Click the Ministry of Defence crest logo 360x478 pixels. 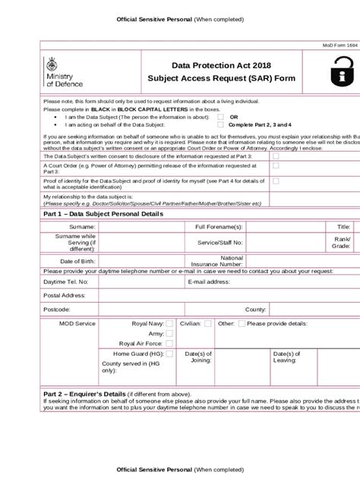point(52,64)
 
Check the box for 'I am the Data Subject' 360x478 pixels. point(220,118)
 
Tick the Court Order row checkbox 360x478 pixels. point(276,165)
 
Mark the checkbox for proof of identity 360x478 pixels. point(276,181)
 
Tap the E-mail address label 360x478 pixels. point(208,281)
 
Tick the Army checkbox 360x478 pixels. point(169,333)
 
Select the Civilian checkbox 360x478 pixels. point(207,323)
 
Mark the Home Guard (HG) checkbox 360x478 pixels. point(169,354)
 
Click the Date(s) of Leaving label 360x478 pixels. point(287,357)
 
